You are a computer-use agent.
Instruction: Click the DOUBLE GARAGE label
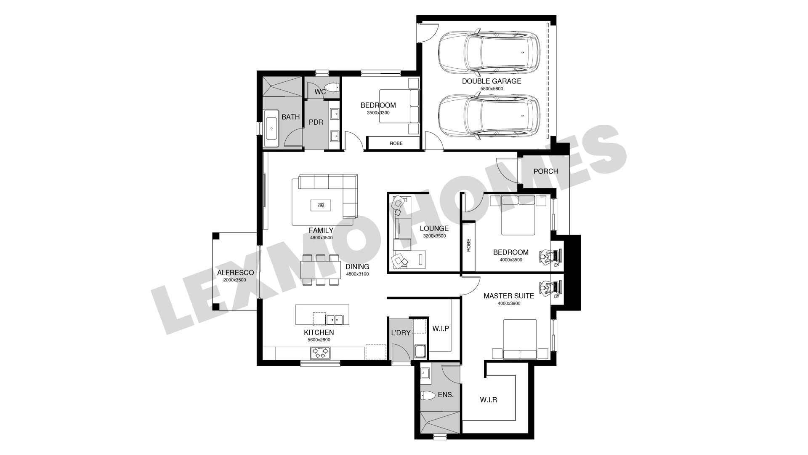492,81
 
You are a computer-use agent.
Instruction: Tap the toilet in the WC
332,88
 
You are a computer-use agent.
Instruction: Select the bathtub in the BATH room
271,125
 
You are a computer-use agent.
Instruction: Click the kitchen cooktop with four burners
320,353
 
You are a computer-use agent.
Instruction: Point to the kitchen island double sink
335,320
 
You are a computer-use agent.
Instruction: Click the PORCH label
546,171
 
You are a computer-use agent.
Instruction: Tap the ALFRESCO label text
236,273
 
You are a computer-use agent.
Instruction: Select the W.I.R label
489,400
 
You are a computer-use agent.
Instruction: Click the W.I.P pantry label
441,329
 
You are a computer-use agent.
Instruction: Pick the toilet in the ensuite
428,396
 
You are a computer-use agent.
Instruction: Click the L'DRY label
401,333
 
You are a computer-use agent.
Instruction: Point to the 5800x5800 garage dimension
492,89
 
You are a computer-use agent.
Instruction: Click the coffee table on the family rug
321,206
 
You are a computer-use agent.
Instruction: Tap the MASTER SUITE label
509,296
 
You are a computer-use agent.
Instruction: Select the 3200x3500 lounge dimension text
434,236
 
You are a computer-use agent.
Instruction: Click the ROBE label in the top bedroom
396,143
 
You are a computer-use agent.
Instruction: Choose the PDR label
316,122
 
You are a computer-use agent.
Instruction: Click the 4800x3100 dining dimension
357,274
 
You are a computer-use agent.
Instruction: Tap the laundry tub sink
420,351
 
